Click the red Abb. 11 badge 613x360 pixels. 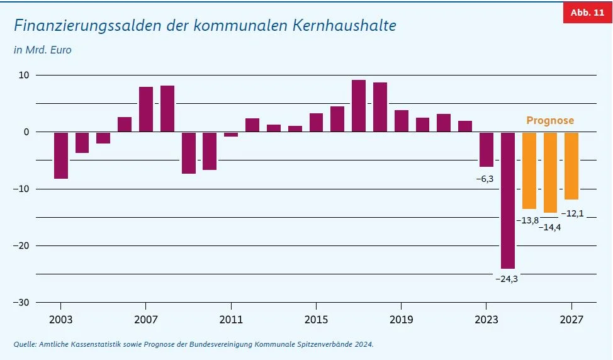click(587, 13)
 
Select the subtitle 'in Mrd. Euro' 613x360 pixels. click(43, 50)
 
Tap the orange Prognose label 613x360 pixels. click(550, 120)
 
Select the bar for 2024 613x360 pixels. click(507, 200)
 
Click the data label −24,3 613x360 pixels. click(507, 278)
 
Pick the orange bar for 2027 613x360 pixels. click(571, 166)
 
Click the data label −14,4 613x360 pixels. click(550, 227)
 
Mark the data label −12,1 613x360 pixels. click(572, 213)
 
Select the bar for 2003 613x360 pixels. click(61, 155)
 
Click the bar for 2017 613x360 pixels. click(359, 106)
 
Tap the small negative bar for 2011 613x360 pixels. click(231, 134)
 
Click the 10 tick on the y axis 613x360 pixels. click(24, 75)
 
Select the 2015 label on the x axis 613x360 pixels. click(317, 320)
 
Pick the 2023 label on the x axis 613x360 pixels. click(486, 320)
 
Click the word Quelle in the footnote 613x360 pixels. click(25, 344)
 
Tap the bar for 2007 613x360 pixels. click(146, 110)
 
